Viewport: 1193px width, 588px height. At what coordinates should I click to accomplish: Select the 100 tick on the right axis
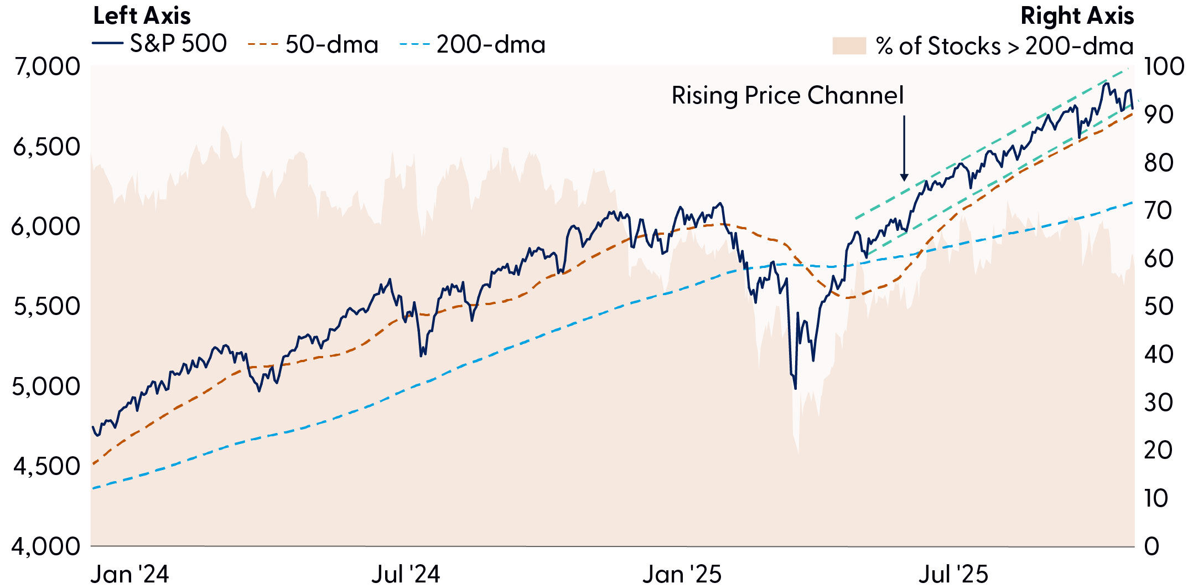[x=1163, y=66]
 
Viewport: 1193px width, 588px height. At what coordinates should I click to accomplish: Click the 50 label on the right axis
[x=1158, y=306]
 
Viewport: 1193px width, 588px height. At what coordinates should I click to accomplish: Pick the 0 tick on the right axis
[x=1151, y=546]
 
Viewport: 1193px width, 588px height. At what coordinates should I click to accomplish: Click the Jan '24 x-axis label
[x=129, y=574]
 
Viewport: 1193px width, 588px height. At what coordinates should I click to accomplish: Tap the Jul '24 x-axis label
[x=406, y=574]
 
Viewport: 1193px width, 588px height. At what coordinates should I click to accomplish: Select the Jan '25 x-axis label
[x=682, y=574]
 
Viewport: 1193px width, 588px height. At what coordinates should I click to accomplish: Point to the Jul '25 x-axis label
[x=953, y=574]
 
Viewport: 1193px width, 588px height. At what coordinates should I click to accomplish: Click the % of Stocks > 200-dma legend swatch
[x=849, y=46]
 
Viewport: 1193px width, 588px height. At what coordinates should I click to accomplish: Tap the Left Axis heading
[x=142, y=16]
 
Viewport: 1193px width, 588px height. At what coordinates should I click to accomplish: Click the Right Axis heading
[x=1077, y=16]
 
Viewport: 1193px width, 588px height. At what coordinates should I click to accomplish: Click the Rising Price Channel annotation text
[x=787, y=95]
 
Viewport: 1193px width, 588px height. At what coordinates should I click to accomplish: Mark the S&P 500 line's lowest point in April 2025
[x=796, y=389]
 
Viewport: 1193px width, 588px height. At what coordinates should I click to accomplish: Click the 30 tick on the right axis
[x=1158, y=403]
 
